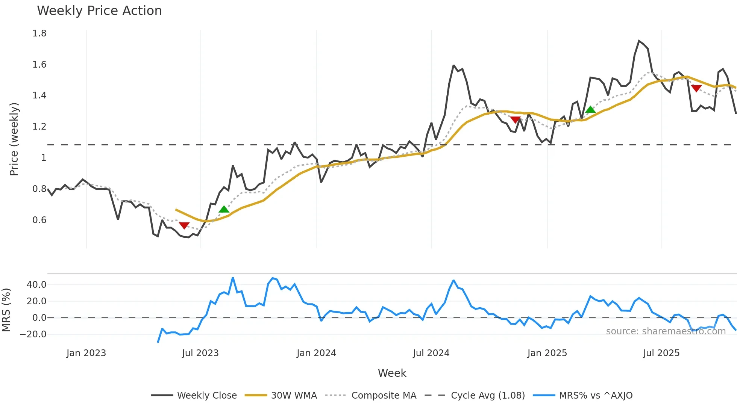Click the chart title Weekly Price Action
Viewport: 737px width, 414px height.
[x=99, y=11]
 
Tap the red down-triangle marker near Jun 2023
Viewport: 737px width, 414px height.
[x=184, y=225]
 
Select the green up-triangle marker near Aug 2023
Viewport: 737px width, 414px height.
[x=224, y=209]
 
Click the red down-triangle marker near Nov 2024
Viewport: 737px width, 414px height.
[x=515, y=119]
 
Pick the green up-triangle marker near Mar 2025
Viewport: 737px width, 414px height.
[x=590, y=109]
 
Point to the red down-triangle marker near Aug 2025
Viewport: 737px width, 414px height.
[x=696, y=88]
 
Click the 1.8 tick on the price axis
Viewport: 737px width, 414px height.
[x=39, y=33]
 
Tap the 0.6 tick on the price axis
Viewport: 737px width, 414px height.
[x=39, y=220]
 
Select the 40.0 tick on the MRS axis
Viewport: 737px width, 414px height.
[x=36, y=285]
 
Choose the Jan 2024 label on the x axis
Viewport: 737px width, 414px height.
[x=316, y=353]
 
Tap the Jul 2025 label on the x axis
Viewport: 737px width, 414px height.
[x=661, y=353]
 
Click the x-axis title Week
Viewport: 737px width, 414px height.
[x=392, y=373]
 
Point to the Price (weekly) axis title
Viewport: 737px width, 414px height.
[x=14, y=139]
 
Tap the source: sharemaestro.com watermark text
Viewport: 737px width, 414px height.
[x=666, y=331]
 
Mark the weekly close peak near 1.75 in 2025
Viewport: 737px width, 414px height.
[x=639, y=41]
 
